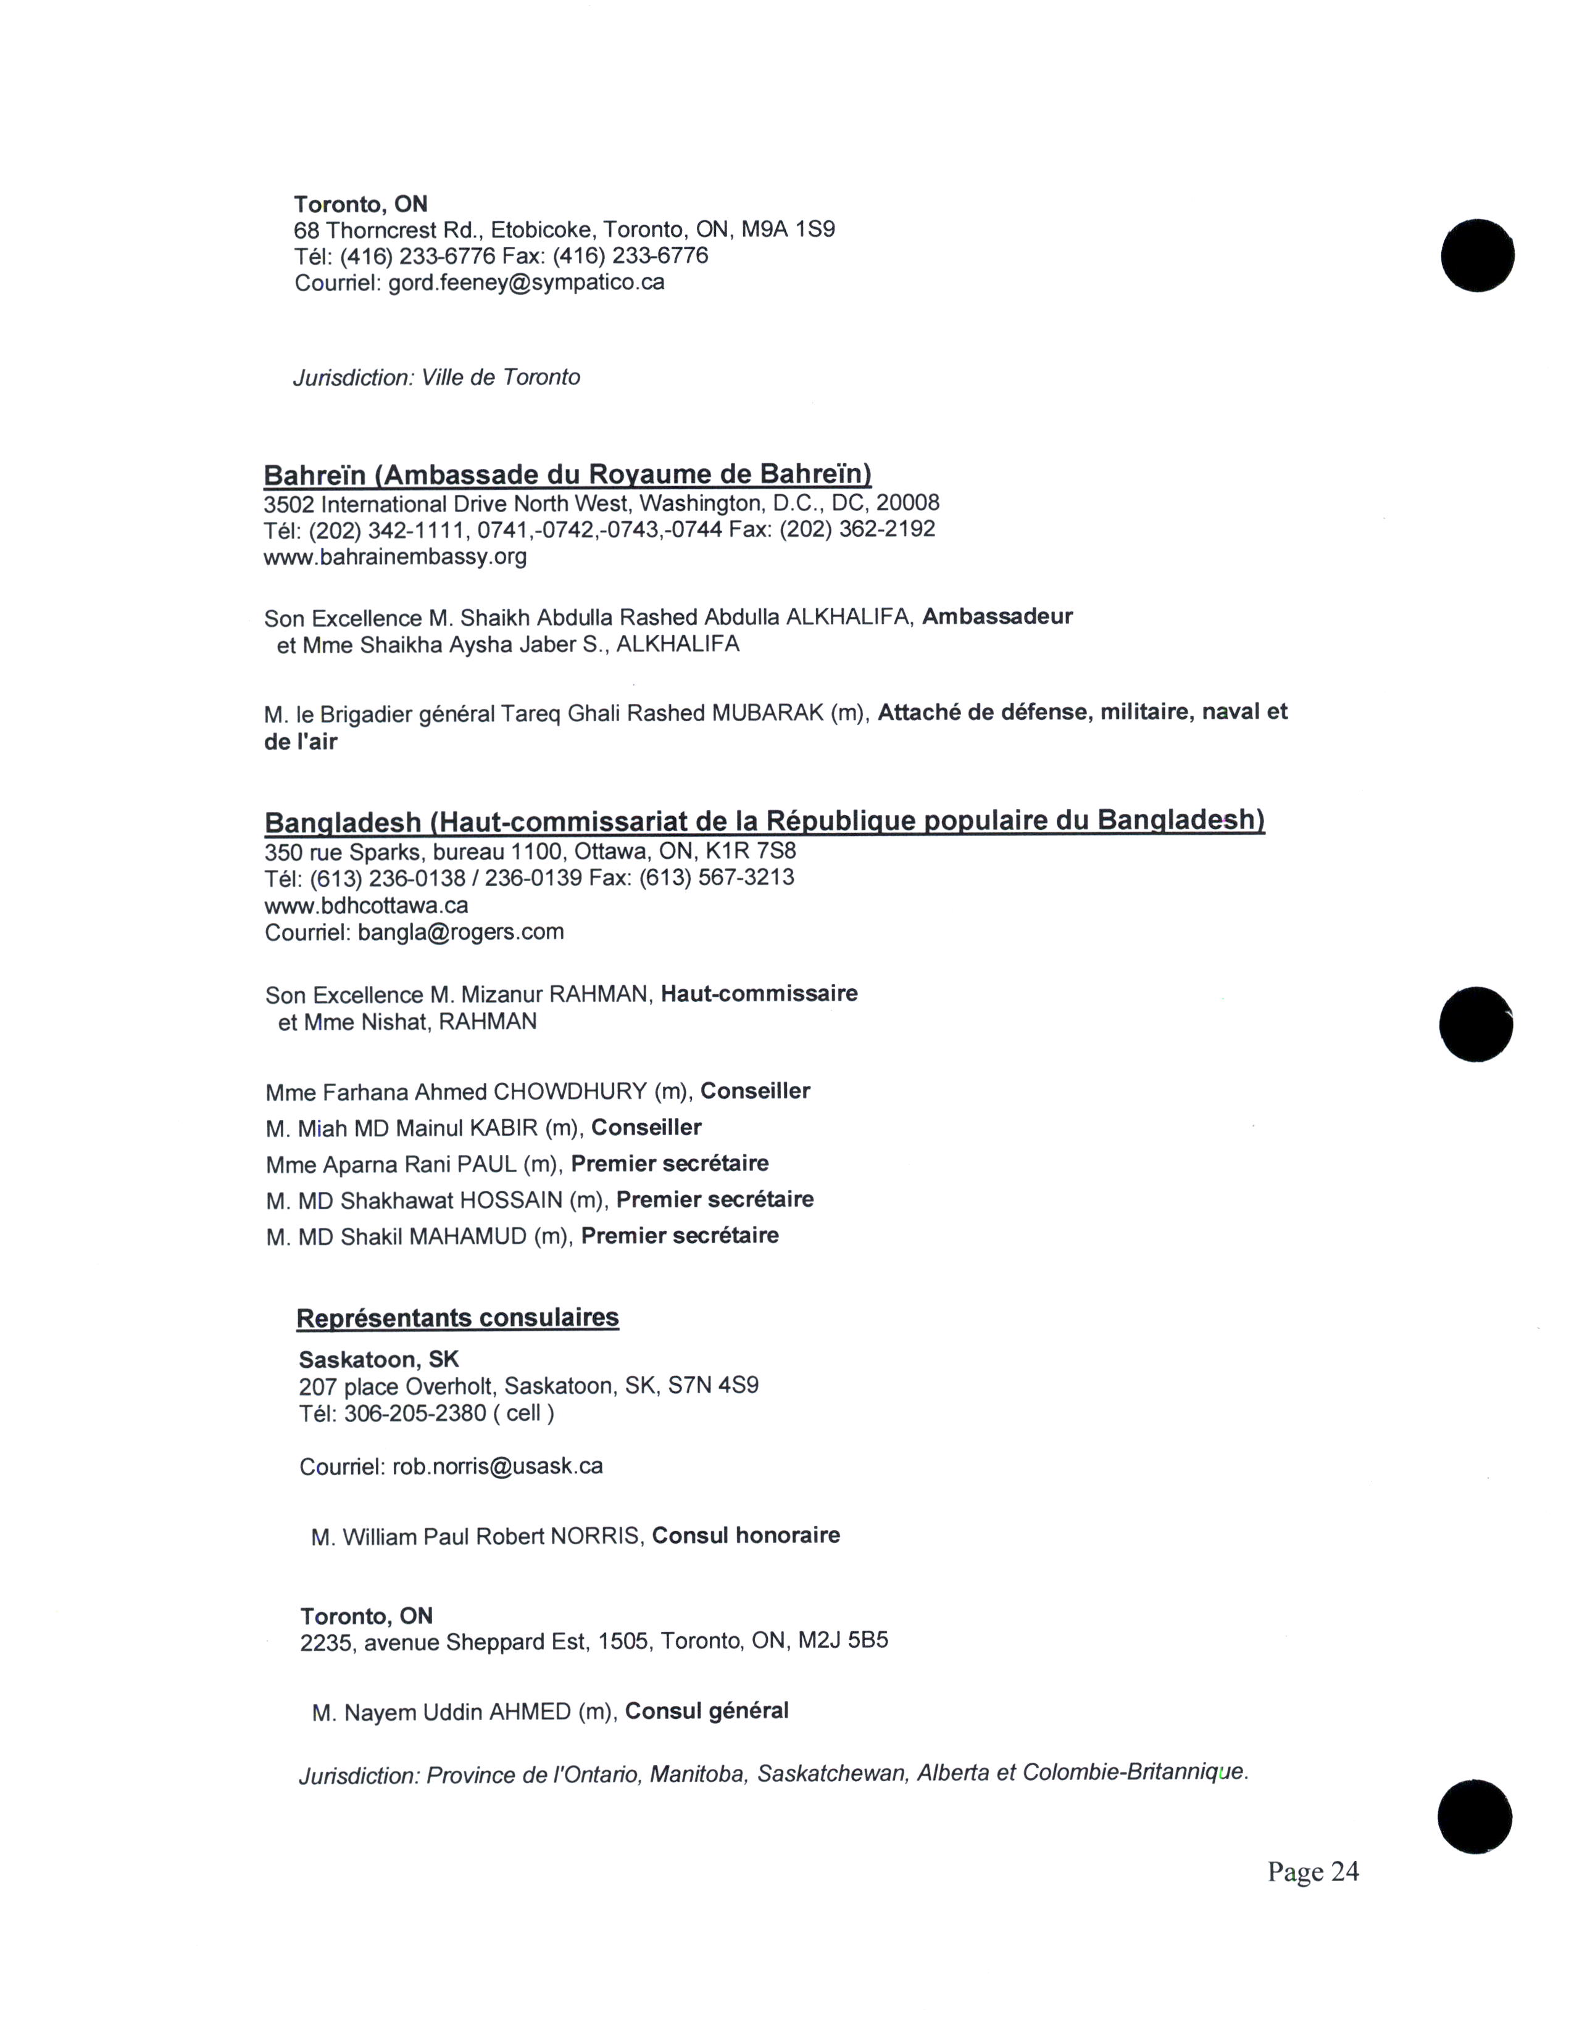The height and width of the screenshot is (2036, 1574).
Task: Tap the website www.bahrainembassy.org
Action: pyautogui.click(x=396, y=558)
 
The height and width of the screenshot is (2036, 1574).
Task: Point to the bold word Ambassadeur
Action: pyautogui.click(x=997, y=617)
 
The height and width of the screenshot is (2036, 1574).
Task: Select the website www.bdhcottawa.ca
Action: pyautogui.click(x=367, y=905)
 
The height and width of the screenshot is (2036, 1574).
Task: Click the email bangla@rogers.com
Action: pyautogui.click(x=460, y=932)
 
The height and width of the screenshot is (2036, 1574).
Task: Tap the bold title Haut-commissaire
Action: pyautogui.click(x=759, y=994)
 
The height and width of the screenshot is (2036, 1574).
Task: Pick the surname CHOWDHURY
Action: pyautogui.click(x=570, y=1091)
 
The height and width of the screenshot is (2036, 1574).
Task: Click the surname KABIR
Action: pyautogui.click(x=504, y=1128)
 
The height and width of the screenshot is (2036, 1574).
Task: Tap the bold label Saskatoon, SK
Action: pyautogui.click(x=378, y=1360)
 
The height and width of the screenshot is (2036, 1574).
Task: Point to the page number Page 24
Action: pyautogui.click(x=1312, y=1871)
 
